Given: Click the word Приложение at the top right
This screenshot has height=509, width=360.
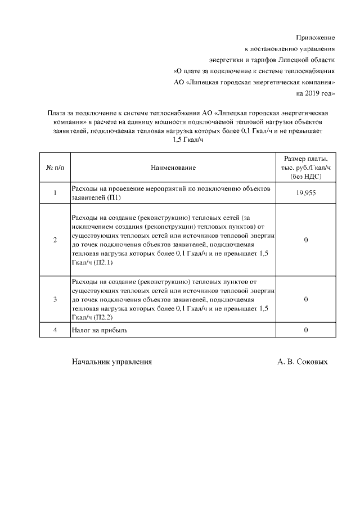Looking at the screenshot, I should (x=316, y=38).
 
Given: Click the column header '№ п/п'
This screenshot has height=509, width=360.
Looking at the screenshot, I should (x=55, y=168).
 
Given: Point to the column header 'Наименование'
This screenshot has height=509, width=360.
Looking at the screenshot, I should (x=173, y=168).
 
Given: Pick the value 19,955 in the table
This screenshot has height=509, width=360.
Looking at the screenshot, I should (x=305, y=193).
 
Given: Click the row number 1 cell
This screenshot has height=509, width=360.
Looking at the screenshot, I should (x=55, y=193).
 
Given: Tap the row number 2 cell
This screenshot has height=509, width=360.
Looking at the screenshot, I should (x=55, y=240).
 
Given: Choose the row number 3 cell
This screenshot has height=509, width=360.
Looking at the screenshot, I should (x=55, y=299).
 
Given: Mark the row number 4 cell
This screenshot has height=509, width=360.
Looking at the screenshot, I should (x=55, y=330).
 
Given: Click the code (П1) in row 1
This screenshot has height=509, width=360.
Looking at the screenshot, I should (x=114, y=198).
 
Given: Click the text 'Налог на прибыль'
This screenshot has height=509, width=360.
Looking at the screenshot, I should (x=99, y=330).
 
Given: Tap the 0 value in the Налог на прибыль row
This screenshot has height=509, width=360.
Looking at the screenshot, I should (x=305, y=330).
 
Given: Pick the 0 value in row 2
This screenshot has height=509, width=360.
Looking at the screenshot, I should (x=305, y=240).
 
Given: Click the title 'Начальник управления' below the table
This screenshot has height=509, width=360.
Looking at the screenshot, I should (x=112, y=362).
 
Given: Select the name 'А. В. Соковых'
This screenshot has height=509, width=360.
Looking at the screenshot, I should (x=302, y=362).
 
